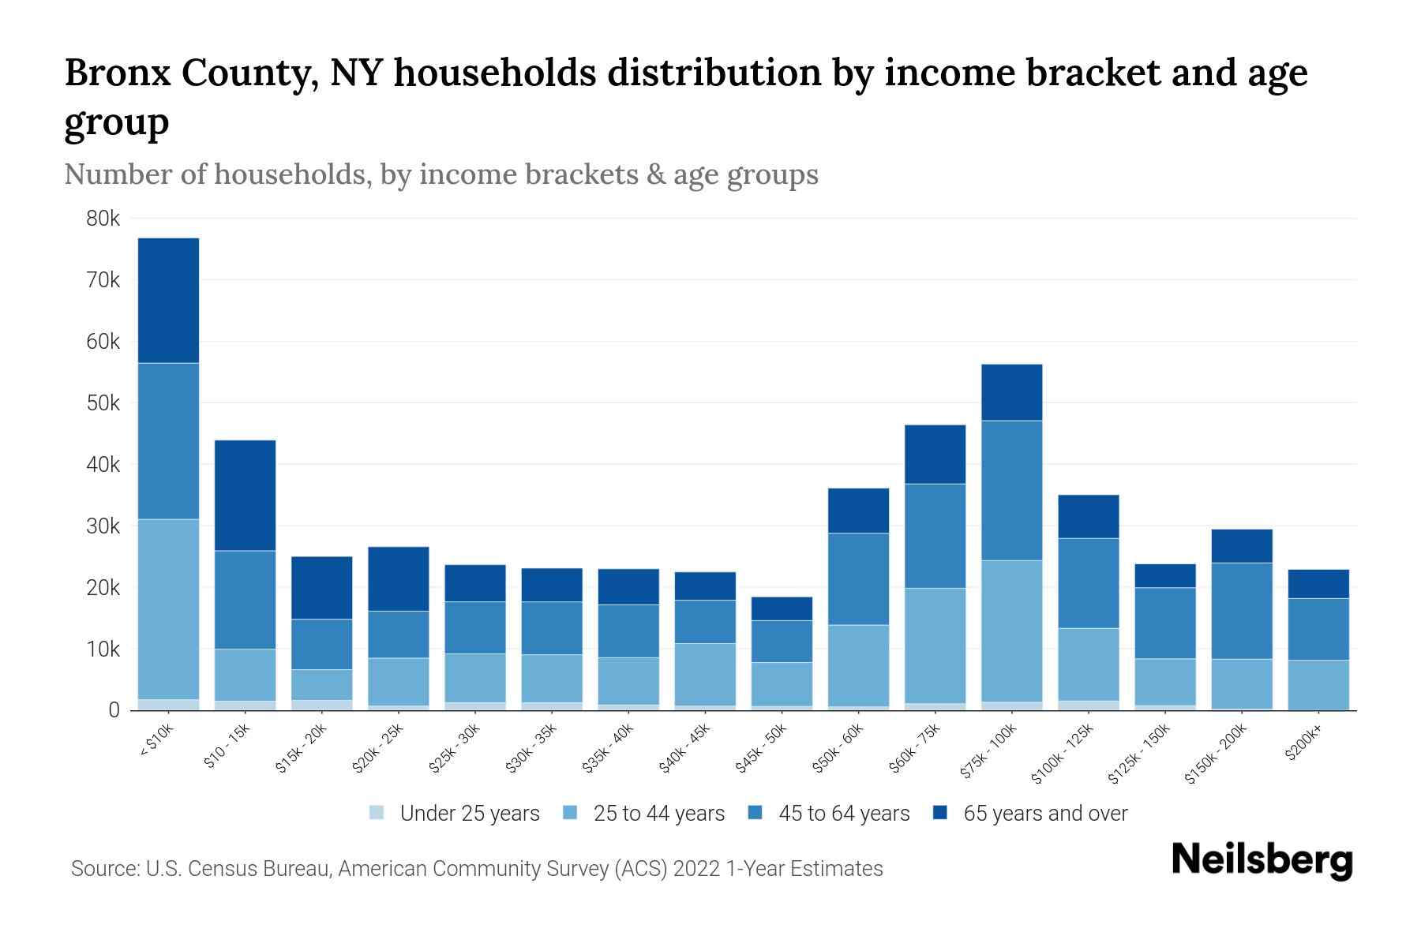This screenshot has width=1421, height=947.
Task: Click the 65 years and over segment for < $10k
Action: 168,300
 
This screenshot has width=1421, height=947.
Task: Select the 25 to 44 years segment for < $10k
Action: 168,609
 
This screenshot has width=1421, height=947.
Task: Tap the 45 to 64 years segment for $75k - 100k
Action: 1011,490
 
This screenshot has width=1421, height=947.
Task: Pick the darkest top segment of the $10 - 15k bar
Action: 245,495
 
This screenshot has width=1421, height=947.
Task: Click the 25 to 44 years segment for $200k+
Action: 1318,685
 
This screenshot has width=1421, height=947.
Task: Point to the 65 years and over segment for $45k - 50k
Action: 781,608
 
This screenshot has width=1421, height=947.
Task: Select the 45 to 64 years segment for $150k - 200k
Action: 1241,611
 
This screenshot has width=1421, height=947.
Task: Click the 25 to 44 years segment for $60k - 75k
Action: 935,646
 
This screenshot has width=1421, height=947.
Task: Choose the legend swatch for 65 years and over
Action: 939,813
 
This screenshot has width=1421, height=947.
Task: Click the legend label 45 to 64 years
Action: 843,814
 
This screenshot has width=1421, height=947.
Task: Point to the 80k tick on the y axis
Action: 103,219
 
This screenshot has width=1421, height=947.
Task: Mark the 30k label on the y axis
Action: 103,526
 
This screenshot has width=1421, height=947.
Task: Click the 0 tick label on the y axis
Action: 114,710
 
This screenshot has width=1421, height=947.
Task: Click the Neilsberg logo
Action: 1262,859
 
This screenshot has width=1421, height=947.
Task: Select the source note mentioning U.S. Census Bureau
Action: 477,869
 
